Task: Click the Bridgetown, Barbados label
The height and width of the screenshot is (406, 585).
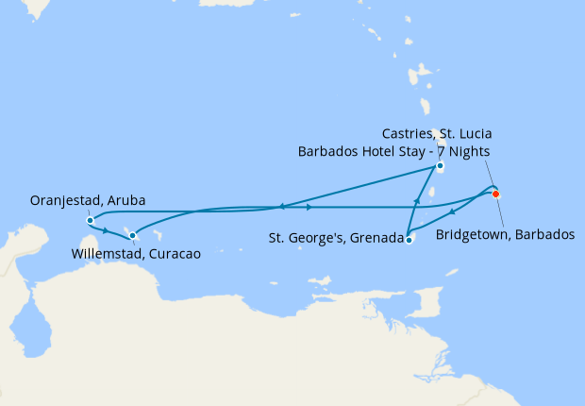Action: click(505, 234)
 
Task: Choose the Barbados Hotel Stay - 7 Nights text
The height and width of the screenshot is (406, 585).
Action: click(393, 150)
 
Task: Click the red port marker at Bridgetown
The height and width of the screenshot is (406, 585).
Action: click(496, 195)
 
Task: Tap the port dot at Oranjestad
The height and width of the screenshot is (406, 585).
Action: click(90, 221)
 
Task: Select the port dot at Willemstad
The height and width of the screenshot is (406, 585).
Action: click(133, 235)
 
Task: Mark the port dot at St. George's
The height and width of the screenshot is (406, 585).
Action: click(409, 240)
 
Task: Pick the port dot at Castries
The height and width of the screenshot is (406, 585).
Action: click(441, 167)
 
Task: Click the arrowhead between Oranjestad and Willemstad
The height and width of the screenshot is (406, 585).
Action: click(106, 230)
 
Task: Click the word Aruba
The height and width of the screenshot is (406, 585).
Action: click(125, 200)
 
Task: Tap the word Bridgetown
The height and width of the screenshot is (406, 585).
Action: click(471, 234)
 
